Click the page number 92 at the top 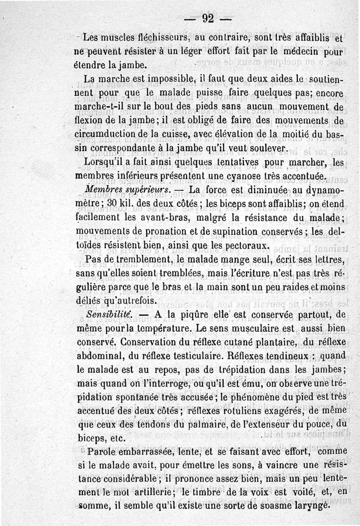[207, 18]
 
